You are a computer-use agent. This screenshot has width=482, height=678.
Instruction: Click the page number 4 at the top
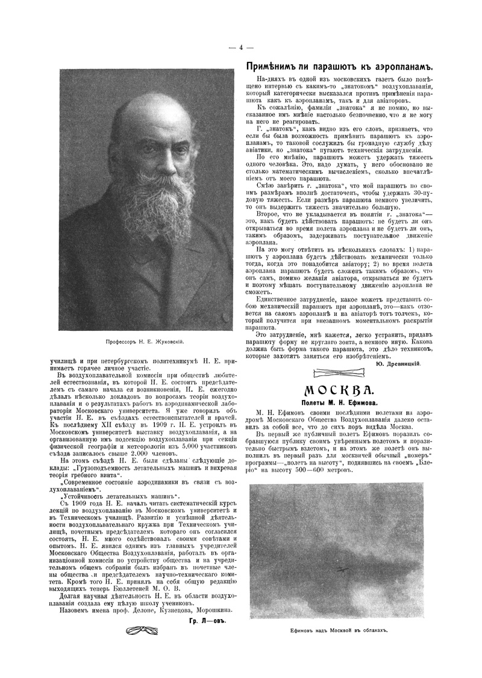tap(240, 48)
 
